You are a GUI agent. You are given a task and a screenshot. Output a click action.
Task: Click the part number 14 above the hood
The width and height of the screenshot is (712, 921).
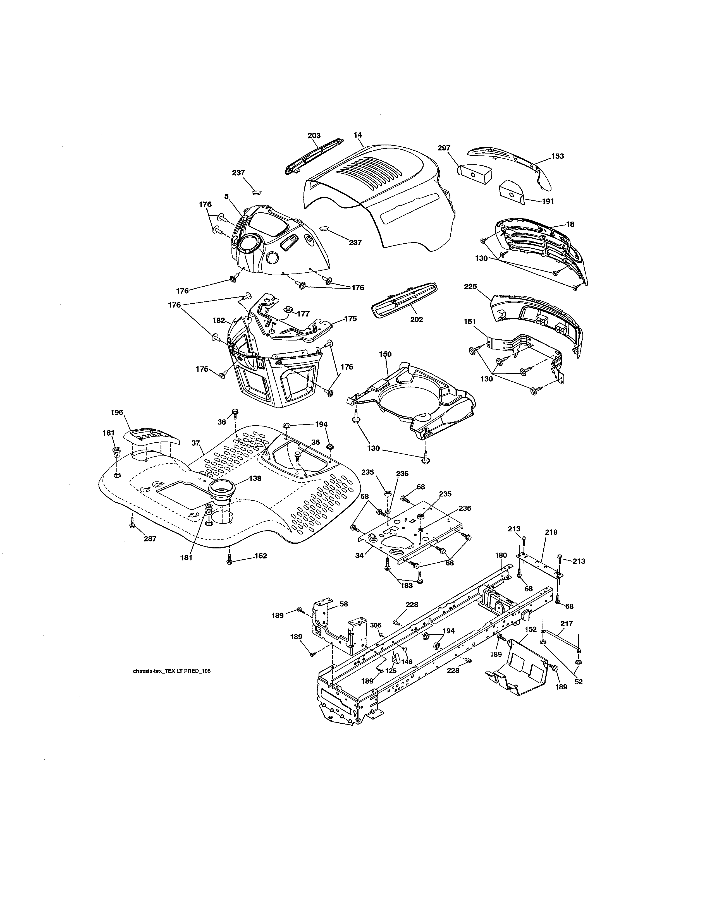pyautogui.click(x=358, y=135)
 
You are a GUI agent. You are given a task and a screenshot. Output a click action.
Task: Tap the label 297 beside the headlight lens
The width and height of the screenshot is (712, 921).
pyautogui.click(x=444, y=148)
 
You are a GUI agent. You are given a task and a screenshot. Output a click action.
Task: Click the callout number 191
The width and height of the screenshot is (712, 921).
pyautogui.click(x=548, y=201)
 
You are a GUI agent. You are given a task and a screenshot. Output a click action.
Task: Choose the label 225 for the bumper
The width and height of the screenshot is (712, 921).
pyautogui.click(x=470, y=286)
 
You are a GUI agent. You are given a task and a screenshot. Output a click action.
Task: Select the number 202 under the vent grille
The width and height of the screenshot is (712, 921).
pyautogui.click(x=416, y=320)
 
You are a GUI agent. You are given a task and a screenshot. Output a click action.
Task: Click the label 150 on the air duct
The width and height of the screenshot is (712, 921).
pyautogui.click(x=385, y=354)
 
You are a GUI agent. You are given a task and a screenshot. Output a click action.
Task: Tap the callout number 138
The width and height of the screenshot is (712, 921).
pyautogui.click(x=255, y=478)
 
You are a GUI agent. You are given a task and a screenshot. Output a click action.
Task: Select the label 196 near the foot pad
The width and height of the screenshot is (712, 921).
pyautogui.click(x=117, y=412)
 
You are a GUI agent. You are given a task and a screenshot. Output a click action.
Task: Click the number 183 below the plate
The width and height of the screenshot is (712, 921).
pyautogui.click(x=407, y=586)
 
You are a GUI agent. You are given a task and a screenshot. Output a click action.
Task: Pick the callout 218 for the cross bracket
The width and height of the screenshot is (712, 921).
pyautogui.click(x=551, y=532)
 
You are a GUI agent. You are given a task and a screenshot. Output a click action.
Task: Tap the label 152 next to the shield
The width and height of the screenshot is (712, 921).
pyautogui.click(x=531, y=629)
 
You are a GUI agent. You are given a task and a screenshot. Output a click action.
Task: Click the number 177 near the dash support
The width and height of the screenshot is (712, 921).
pyautogui.click(x=303, y=314)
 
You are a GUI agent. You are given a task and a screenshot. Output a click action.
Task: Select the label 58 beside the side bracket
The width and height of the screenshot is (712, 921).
pyautogui.click(x=344, y=604)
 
